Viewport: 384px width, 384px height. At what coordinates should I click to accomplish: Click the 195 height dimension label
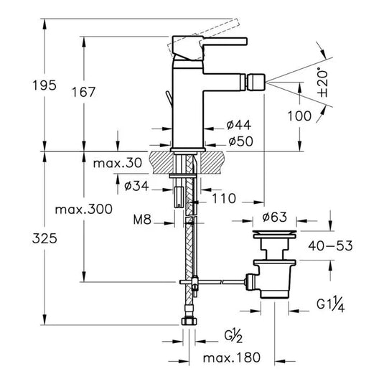(x=45, y=85)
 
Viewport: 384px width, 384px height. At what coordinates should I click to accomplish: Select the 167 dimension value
(x=83, y=93)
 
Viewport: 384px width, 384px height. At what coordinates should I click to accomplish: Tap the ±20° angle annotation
(x=322, y=83)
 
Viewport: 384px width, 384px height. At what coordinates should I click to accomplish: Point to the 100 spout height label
(x=299, y=116)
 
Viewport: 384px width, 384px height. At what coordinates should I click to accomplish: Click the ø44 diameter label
(x=239, y=125)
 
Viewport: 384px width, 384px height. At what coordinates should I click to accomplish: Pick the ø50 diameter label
(x=240, y=141)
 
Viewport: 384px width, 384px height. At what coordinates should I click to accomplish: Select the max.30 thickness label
(x=118, y=163)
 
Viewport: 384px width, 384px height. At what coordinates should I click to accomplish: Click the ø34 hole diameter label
(x=136, y=186)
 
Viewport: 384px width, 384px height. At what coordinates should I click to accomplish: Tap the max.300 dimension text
(x=84, y=210)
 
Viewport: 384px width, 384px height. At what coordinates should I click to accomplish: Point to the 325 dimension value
(x=45, y=238)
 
